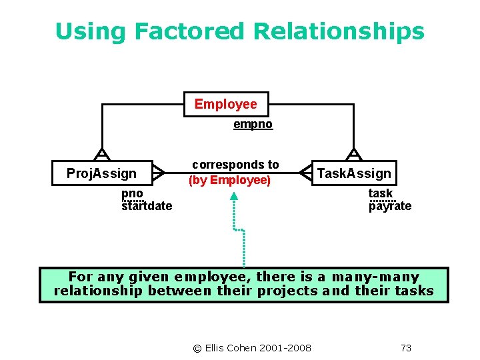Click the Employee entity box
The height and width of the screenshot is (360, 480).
coord(225,105)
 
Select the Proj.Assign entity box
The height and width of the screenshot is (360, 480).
coord(101,174)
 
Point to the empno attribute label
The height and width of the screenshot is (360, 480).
coord(253,125)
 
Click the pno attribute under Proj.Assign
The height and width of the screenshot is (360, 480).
coord(132,193)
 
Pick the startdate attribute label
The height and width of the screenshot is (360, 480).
coord(147,206)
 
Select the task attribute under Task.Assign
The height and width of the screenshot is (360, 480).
coord(381,193)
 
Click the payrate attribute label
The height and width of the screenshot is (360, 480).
coord(390,206)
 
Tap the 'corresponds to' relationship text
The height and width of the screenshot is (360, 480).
coord(235,165)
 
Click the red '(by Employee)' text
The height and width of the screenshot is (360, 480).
coord(230,180)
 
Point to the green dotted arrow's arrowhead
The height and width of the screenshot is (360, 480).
coord(234,196)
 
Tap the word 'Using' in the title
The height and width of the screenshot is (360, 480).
coord(91,31)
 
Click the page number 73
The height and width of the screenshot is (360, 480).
coord(406,347)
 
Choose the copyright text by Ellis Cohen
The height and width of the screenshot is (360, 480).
coord(252,347)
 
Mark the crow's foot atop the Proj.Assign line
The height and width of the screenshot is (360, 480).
coord(101,155)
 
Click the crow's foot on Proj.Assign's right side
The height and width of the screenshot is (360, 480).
coord(158,173)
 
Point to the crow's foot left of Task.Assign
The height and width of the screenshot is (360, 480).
coord(305,173)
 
